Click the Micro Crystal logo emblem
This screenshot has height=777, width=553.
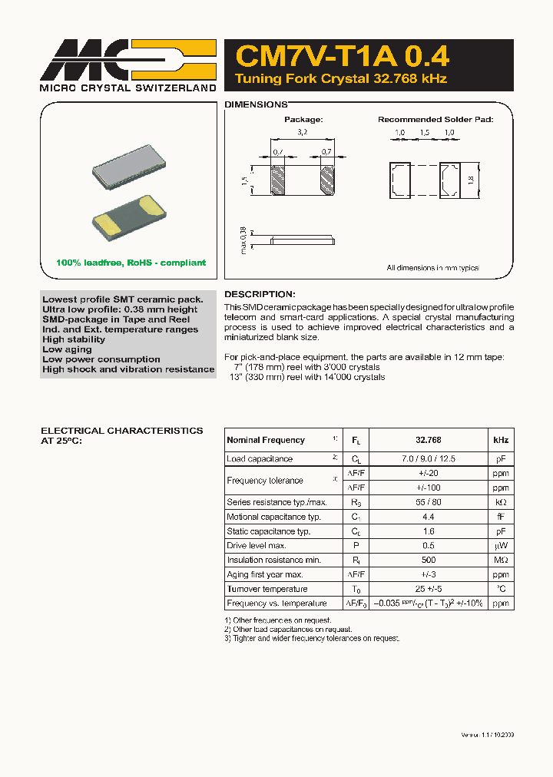tap(127, 58)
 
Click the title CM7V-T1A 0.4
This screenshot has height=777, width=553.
tap(343, 57)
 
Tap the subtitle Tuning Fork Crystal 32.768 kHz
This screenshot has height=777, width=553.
tap(340, 79)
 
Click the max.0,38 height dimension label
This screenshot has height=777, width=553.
tap(243, 240)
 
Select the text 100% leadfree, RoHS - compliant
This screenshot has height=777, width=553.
tap(131, 263)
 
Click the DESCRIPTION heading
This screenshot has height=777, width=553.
tap(259, 294)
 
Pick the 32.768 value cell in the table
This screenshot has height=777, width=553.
tap(428, 440)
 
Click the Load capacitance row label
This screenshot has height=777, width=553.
tap(260, 459)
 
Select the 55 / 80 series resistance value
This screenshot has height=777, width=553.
tap(428, 502)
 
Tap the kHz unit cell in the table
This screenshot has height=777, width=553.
tap(500, 440)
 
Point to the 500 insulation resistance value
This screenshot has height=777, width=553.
tap(428, 560)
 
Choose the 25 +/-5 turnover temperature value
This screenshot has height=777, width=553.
tap(428, 589)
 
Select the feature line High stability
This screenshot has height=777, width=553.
tap(74, 339)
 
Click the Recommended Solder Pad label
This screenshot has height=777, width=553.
tap(435, 120)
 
